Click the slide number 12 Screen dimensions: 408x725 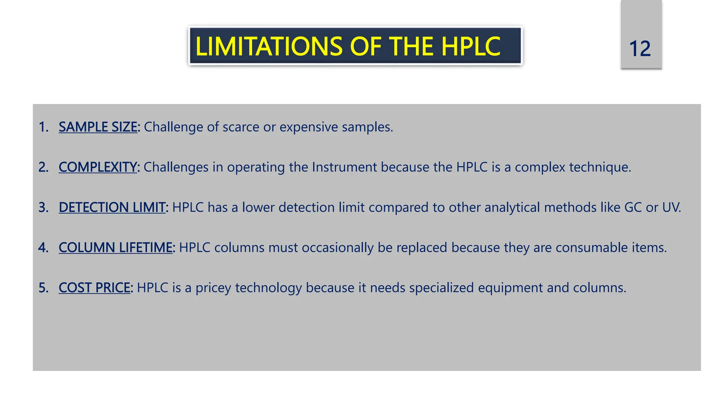coord(640,49)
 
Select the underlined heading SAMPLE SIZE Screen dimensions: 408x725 coord(98,127)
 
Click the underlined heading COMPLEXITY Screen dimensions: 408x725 coord(97,167)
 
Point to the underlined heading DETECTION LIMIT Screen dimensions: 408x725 coord(112,207)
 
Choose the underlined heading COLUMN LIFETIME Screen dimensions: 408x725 coord(115,247)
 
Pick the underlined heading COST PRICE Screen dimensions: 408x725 coord(94,288)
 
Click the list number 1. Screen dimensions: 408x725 coord(43,127)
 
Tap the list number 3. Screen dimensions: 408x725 coord(43,207)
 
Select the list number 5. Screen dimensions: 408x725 coord(43,288)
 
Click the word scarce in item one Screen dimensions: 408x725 coord(240,127)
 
